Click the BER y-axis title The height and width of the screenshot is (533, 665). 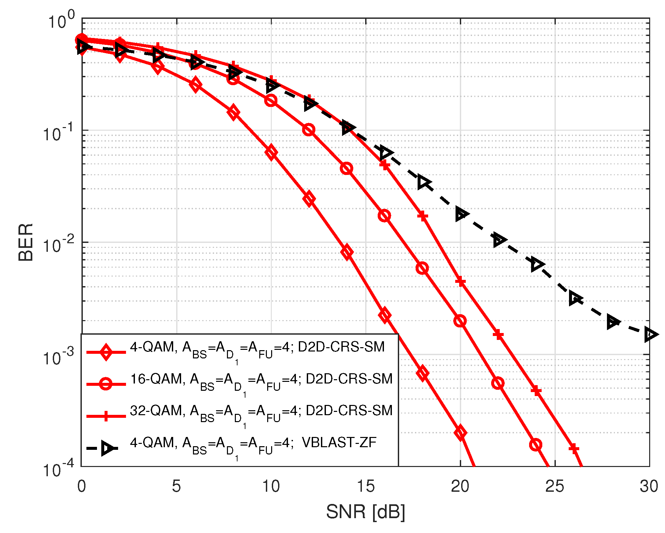(26, 242)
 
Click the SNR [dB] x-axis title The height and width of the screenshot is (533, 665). (365, 512)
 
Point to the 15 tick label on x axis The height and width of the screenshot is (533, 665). (365, 486)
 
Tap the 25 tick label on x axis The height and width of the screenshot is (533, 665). (555, 486)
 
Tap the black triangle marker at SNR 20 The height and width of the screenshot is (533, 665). (461, 214)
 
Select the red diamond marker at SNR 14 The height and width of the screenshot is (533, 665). (347, 252)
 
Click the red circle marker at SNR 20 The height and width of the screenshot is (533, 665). (460, 321)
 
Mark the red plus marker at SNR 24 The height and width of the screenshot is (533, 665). (536, 391)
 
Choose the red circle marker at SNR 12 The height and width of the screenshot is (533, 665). (308, 130)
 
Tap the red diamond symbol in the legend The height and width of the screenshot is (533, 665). (106, 352)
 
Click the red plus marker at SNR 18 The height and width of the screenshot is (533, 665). (423, 217)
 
